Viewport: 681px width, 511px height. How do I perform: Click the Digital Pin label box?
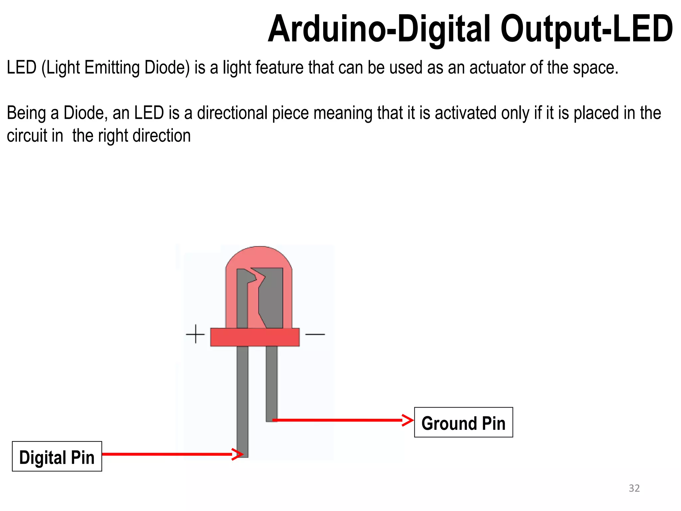coord(57,456)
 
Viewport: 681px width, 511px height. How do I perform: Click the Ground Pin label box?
coord(463,422)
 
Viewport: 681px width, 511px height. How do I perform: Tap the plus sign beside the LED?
coord(195,334)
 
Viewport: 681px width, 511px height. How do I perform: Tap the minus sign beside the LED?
coord(315,334)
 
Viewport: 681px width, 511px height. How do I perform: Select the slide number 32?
coord(634,488)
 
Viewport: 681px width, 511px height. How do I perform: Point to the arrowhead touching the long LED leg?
coord(238,454)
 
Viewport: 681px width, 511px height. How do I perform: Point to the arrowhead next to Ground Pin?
coord(408,420)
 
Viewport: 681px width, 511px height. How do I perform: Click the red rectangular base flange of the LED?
coord(255,337)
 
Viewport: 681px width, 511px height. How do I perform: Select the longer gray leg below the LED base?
coord(242,399)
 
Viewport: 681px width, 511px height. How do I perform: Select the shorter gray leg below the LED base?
coord(271,383)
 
